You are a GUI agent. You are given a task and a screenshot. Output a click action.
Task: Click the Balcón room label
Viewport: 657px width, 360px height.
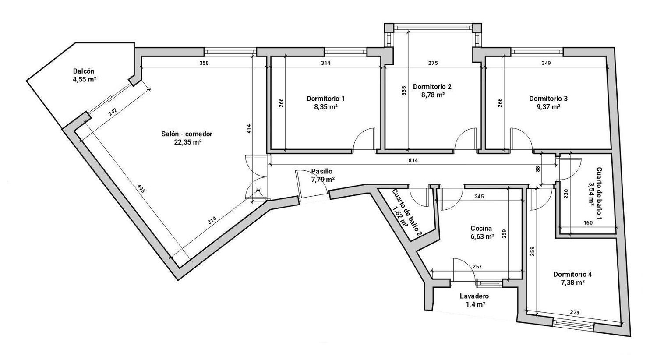click(x=84, y=71)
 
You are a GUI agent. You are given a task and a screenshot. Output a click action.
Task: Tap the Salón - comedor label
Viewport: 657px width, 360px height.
click(x=187, y=134)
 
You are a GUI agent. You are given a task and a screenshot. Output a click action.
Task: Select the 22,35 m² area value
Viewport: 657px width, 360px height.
click(x=187, y=142)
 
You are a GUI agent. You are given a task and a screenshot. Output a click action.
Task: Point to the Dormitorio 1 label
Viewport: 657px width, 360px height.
click(x=325, y=99)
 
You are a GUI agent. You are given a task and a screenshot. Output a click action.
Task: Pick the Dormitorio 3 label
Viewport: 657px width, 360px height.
click(x=548, y=99)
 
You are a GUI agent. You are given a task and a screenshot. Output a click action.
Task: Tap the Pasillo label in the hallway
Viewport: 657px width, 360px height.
click(x=322, y=171)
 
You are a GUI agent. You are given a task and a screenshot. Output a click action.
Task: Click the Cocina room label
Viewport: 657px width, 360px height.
click(x=481, y=228)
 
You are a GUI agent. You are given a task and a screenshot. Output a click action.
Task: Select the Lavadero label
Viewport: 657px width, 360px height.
click(x=474, y=296)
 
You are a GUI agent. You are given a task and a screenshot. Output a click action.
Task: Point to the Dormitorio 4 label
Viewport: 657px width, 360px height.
click(x=572, y=275)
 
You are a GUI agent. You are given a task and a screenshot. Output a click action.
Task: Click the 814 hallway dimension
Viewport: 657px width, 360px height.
click(x=413, y=160)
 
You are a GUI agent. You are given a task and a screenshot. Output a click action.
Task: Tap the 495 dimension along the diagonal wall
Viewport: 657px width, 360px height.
click(x=141, y=189)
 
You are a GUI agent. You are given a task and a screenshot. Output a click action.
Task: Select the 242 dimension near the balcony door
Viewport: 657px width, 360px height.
click(x=113, y=112)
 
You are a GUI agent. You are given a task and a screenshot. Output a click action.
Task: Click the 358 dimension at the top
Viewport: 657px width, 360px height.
click(x=204, y=63)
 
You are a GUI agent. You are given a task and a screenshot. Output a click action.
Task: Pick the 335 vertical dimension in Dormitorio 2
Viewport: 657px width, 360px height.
click(x=404, y=91)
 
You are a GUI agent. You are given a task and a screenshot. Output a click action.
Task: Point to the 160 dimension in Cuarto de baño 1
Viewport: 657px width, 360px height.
click(x=588, y=222)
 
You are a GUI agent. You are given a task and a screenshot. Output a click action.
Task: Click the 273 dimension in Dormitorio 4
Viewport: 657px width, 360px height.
click(x=575, y=313)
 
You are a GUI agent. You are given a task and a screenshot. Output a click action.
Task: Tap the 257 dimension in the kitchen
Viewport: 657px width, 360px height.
click(x=477, y=266)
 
